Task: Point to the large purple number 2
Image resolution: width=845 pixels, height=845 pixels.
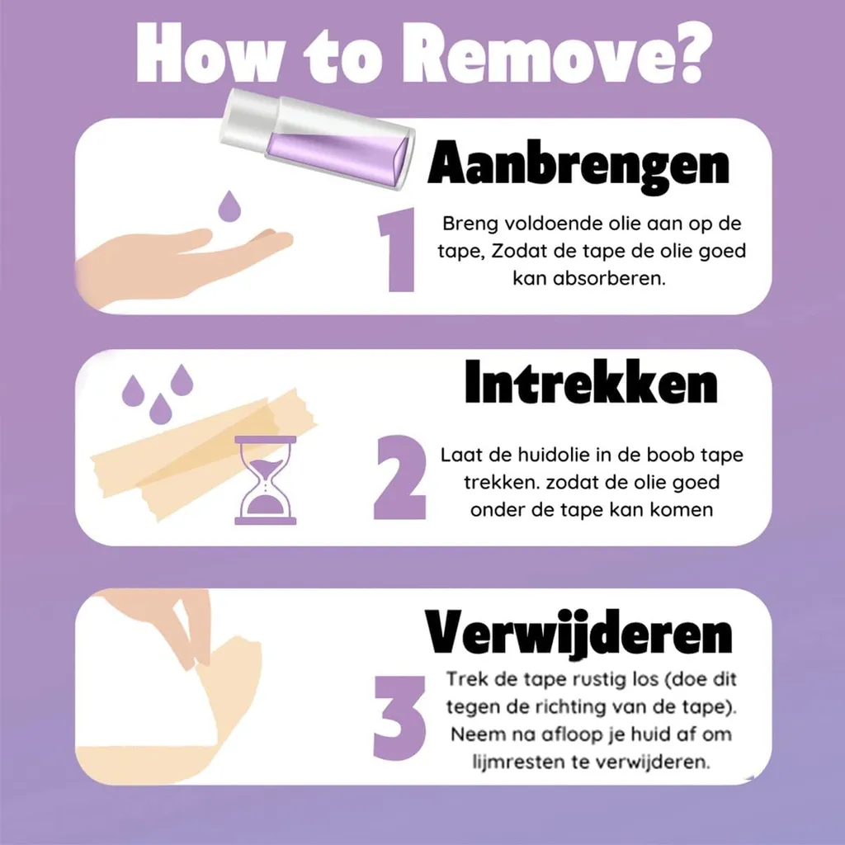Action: click(400, 477)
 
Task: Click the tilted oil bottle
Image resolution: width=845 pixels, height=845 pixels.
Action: click(319, 139)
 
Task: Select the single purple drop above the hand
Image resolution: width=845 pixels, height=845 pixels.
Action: click(229, 205)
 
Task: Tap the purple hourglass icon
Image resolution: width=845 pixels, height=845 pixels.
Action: click(266, 480)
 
